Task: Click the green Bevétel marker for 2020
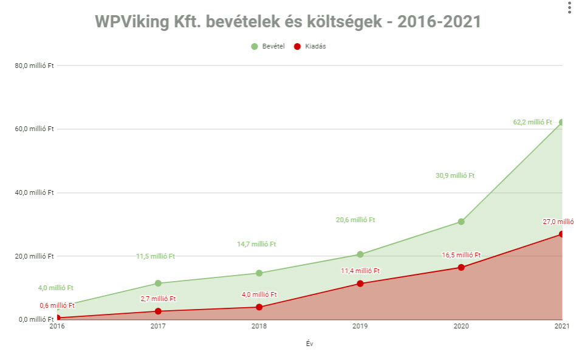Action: tap(461, 222)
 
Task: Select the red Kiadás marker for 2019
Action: tap(360, 284)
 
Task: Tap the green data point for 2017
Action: tap(158, 283)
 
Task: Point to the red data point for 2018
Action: tap(259, 307)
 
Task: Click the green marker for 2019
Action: tap(360, 254)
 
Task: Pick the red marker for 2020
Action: tap(461, 267)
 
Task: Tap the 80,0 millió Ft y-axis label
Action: tap(35, 66)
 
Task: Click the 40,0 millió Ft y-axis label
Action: tap(35, 192)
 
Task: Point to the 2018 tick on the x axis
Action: tap(259, 327)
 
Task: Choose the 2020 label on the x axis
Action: tap(461, 327)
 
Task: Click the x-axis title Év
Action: tap(309, 344)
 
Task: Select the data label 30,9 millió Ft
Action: tap(455, 175)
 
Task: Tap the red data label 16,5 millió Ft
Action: tap(461, 256)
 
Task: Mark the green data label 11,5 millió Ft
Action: tap(156, 256)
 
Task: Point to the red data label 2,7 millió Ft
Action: tap(157, 299)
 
